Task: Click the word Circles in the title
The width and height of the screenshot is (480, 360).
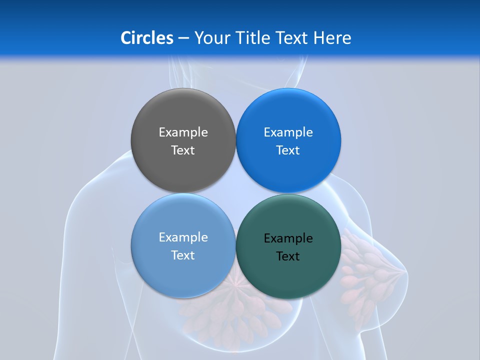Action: click(147, 38)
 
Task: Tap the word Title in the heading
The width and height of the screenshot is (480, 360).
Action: click(253, 38)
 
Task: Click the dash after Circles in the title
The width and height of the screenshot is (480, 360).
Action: click(183, 38)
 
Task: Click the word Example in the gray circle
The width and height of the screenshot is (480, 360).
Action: click(183, 132)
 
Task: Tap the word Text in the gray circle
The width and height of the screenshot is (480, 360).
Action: click(183, 150)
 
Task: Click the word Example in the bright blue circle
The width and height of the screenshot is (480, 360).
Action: click(288, 132)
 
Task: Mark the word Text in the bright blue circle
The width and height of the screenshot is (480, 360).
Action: click(288, 150)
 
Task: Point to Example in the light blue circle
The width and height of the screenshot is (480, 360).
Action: click(183, 237)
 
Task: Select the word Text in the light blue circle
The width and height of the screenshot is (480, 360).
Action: click(183, 255)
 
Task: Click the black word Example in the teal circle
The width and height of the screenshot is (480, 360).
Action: click(288, 238)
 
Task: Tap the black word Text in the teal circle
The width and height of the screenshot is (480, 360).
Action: click(288, 256)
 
